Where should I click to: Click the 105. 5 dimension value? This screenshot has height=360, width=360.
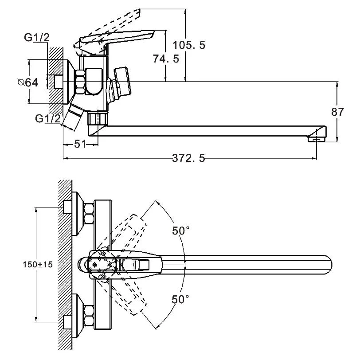coord(189,45)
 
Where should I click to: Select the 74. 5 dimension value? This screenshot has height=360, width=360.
coord(166,59)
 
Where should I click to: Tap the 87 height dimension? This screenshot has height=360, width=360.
coord(337,112)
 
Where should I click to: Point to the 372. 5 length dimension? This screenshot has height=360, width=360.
coord(188,158)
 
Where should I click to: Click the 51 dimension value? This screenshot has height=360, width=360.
coord(80,144)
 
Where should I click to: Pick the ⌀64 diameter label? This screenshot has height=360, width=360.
coord(28,82)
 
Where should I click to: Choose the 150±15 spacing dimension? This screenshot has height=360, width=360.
coord(38,265)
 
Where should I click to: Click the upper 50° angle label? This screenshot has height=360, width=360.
coord(181,231)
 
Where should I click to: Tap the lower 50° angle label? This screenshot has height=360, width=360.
coord(180,299)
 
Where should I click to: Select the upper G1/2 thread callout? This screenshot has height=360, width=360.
coord(37,37)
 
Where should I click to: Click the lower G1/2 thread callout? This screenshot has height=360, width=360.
coord(48,118)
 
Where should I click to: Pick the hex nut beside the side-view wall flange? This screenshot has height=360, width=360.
coord(80,82)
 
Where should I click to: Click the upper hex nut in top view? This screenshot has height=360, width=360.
coord(89,214)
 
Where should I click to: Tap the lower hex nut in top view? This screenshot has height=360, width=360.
coord(89,316)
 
